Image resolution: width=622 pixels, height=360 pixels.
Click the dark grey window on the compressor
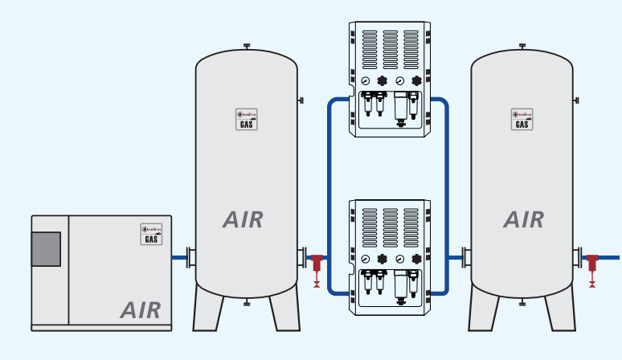pos(46,249)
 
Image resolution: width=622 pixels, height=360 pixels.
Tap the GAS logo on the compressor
pos(150,234)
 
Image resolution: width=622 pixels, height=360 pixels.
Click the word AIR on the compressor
pos(141,309)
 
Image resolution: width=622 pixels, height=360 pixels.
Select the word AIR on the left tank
pos(243,219)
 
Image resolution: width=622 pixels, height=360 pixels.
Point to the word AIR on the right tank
pos(524,219)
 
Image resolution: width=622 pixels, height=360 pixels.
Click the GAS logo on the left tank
pos(247,120)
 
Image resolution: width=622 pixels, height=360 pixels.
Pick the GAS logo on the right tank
pos(522,120)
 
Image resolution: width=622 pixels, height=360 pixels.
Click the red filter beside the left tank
pos(317,263)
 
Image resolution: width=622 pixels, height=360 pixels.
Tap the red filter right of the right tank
pos(593,263)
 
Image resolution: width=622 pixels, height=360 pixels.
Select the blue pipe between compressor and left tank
pos(179,258)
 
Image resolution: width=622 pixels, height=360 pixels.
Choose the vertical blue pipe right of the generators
pos(446,193)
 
